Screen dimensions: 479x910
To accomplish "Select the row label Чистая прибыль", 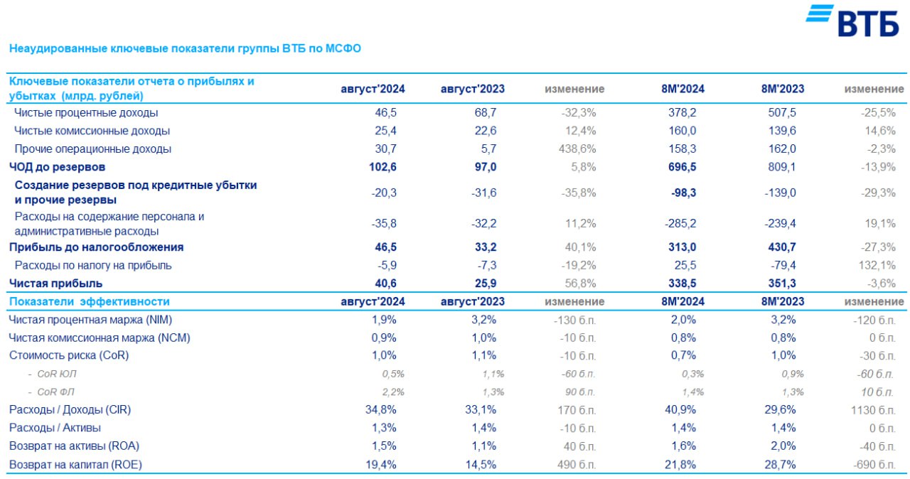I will click(x=50, y=284).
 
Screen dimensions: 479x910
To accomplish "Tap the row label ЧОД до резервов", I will click(x=57, y=167).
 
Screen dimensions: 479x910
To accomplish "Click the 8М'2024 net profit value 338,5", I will click(x=681, y=284).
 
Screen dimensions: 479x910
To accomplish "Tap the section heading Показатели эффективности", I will click(x=89, y=301).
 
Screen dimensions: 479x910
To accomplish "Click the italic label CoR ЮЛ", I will click(x=53, y=374).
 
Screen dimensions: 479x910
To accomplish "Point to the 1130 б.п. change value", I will click(x=872, y=410).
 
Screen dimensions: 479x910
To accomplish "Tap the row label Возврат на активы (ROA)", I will click(x=74, y=446).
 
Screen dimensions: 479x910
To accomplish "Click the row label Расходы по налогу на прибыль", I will click(x=93, y=266).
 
